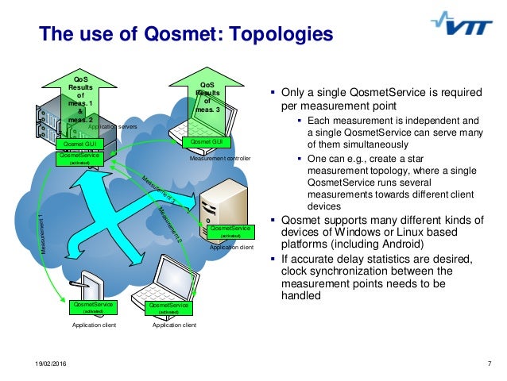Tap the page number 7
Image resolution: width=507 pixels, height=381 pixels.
[488, 364]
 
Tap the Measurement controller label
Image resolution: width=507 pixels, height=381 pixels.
[219, 159]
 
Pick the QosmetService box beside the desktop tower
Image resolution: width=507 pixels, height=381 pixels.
[230, 231]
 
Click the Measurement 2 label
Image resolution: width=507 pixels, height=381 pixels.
[169, 224]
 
